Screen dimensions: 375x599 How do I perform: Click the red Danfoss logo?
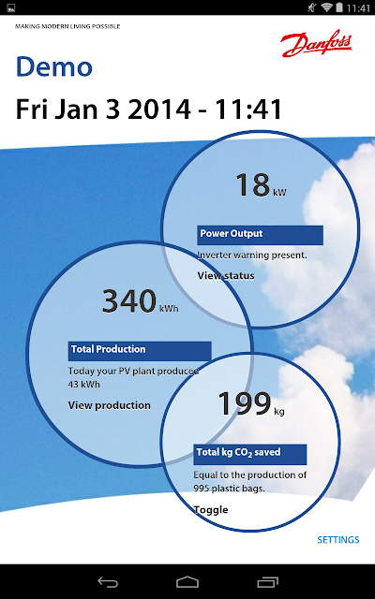316,44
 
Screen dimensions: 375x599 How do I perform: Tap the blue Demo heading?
54,66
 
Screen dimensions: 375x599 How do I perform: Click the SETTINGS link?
338,540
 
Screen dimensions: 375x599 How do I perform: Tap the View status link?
226,276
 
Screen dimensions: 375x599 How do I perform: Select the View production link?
109,405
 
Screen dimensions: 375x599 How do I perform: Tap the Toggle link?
211,510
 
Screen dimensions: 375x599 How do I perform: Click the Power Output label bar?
261,235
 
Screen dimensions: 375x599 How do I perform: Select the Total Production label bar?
140,351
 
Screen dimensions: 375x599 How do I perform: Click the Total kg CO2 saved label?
250,454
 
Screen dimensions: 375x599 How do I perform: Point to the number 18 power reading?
253,185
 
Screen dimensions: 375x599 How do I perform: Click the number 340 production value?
129,301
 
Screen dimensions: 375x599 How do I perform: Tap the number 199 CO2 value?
245,403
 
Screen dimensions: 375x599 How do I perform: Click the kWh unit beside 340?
169,308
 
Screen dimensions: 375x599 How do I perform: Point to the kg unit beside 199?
279,412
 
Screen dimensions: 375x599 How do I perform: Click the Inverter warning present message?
252,256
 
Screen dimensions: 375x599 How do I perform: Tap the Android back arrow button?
108,582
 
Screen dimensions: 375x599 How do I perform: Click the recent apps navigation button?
268,582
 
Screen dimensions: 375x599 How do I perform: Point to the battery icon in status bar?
339,7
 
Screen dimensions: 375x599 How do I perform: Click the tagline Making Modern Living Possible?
67,26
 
